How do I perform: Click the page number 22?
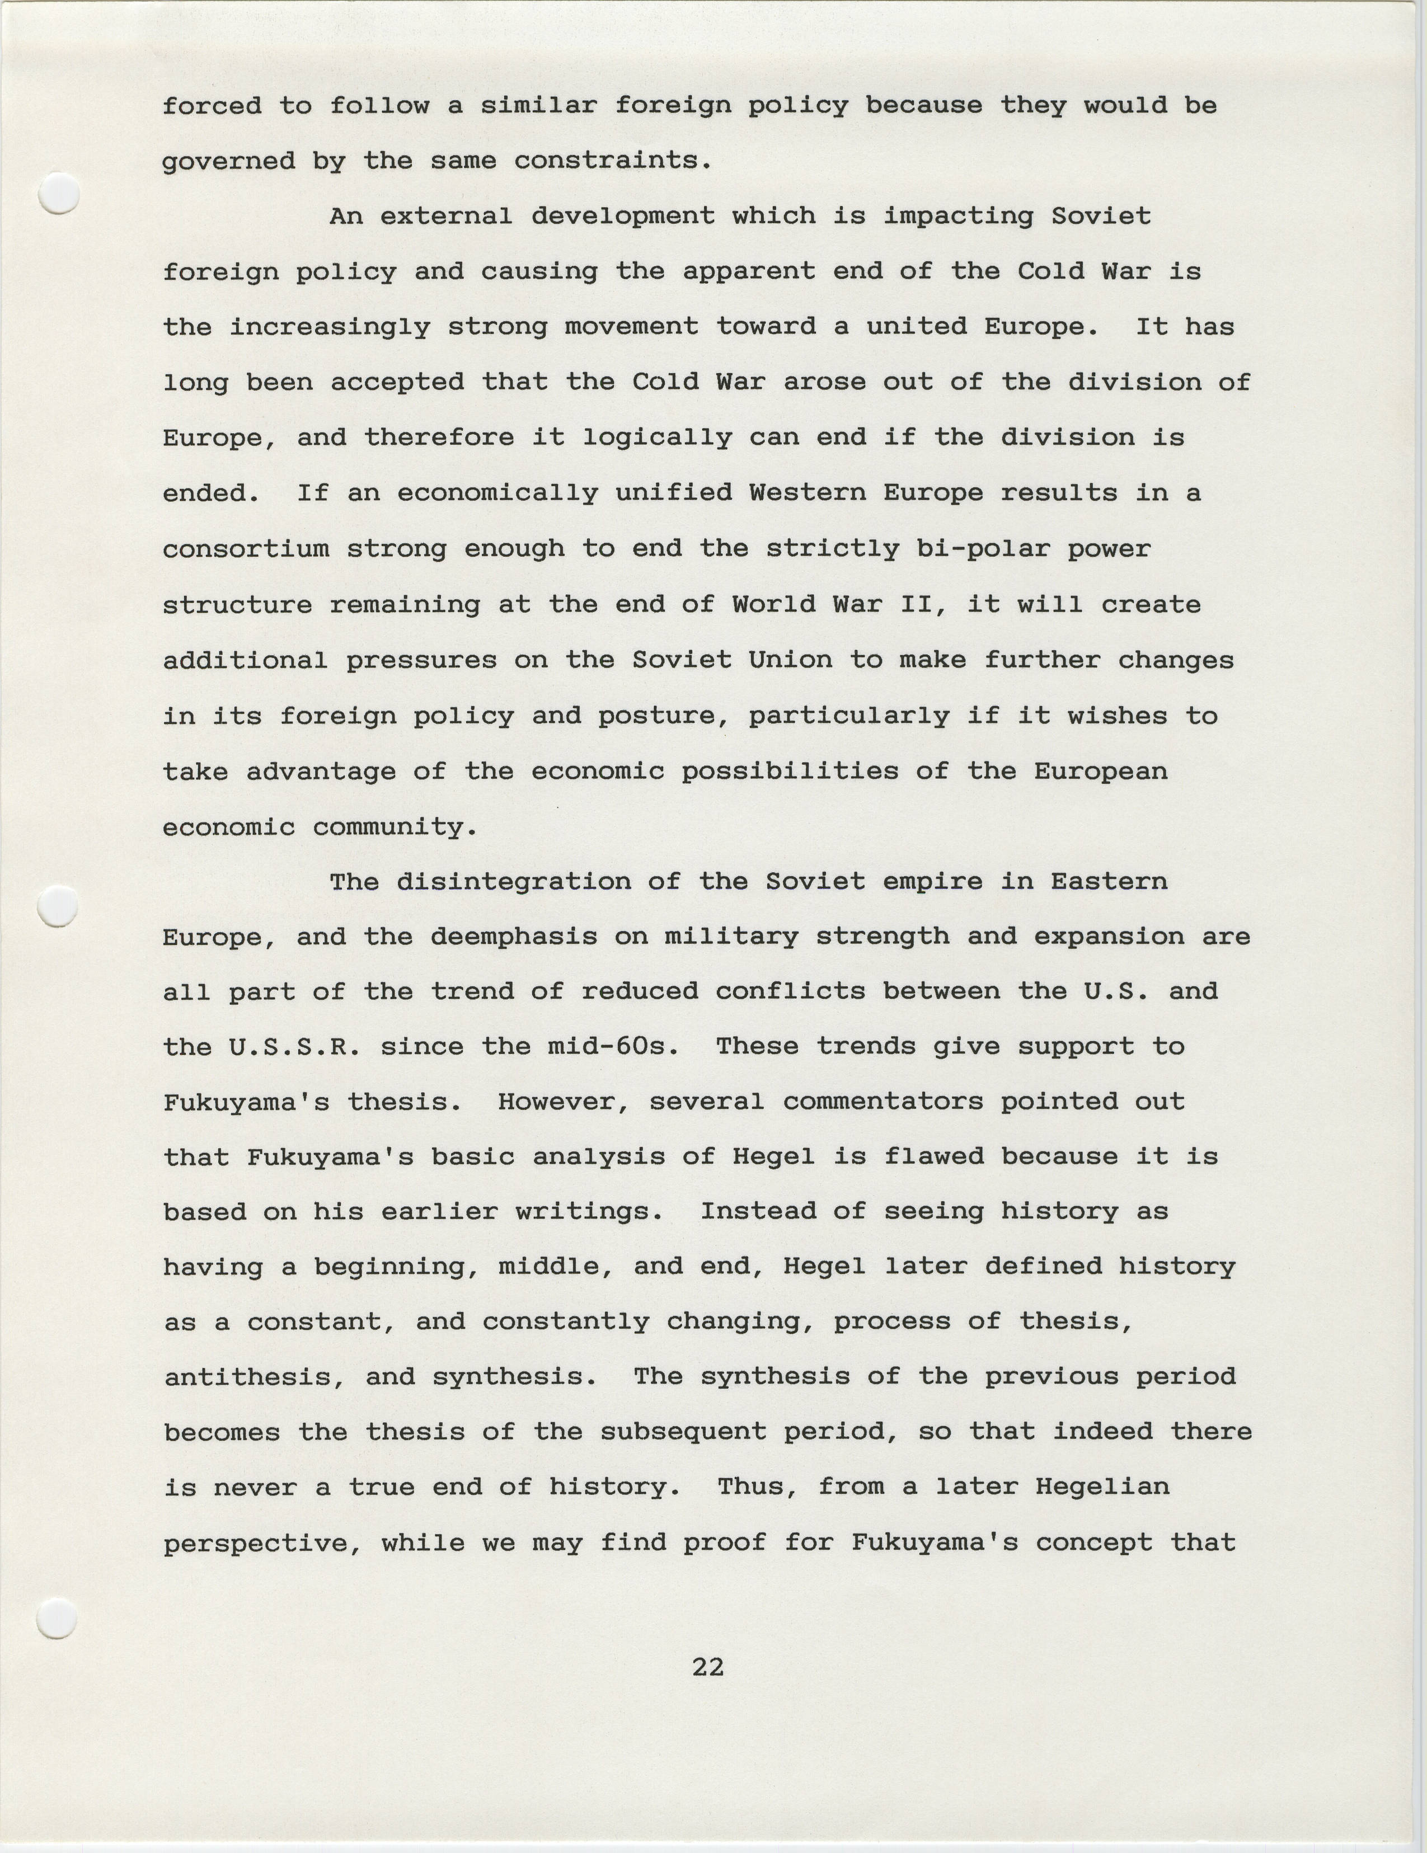point(707,1668)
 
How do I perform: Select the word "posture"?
point(663,716)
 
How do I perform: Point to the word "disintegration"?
point(513,882)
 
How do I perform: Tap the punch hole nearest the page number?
point(58,1618)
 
